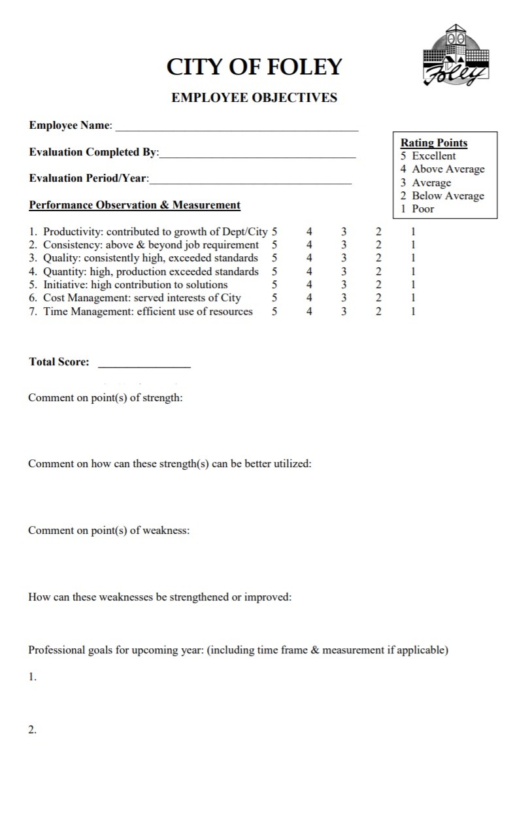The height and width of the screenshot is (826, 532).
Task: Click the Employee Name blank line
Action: [237, 130]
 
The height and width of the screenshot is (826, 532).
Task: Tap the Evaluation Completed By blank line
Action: [258, 157]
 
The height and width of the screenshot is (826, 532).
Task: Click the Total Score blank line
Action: [144, 367]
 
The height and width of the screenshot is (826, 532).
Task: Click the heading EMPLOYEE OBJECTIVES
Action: [254, 98]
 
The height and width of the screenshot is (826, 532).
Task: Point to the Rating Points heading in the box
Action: [434, 142]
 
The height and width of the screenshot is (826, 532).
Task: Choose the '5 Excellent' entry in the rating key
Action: [429, 156]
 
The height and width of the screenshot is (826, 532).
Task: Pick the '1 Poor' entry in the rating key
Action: [418, 209]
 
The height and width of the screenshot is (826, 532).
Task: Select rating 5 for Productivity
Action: [274, 231]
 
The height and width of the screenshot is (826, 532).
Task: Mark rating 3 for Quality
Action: [344, 258]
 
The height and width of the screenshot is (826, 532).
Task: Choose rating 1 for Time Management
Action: [413, 312]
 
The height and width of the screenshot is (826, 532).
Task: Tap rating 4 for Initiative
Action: [309, 285]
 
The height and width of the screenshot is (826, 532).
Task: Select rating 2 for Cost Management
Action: [378, 298]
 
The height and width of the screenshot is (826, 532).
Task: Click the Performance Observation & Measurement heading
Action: [135, 205]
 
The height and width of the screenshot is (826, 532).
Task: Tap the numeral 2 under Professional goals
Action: [32, 731]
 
